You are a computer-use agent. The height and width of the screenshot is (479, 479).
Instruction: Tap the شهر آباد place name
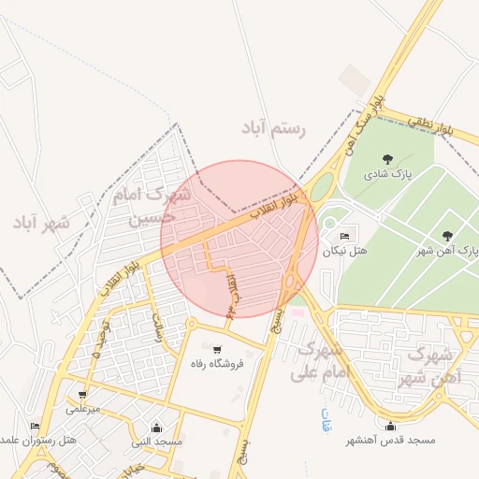(x=41, y=223)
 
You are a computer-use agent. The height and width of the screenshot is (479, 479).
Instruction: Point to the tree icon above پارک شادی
(x=388, y=158)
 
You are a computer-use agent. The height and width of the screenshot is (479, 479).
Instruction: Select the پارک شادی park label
(x=389, y=174)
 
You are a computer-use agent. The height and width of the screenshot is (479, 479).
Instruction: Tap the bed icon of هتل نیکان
(x=345, y=236)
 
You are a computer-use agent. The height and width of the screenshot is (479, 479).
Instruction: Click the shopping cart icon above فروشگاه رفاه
(x=217, y=349)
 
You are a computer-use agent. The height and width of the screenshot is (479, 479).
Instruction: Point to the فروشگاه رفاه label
(x=216, y=363)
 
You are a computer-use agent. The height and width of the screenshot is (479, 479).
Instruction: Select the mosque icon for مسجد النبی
(x=156, y=428)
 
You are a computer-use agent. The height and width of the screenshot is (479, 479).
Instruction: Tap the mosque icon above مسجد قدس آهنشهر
(x=390, y=427)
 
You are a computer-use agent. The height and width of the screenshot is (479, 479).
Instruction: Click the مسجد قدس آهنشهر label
(x=389, y=440)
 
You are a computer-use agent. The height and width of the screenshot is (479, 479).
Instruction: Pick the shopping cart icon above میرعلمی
(x=82, y=395)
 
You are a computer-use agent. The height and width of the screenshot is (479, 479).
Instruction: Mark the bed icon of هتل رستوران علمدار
(x=36, y=427)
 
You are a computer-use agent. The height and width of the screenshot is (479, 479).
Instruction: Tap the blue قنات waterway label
(x=326, y=415)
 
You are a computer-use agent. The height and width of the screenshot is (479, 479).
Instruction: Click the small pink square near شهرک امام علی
(x=298, y=312)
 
